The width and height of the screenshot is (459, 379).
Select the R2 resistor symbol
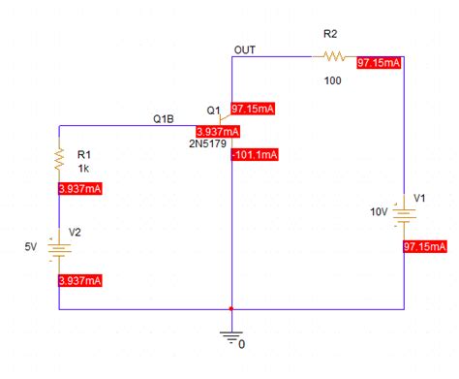pos(334,56)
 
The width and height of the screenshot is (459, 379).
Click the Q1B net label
pos(164,119)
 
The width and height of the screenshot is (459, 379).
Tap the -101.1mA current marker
pos(255,153)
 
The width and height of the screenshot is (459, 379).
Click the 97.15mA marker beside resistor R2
pos(379,62)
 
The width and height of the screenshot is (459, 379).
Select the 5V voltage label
pos(31,247)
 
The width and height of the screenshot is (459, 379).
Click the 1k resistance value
pos(83,167)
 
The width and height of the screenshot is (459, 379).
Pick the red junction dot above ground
pos(230,310)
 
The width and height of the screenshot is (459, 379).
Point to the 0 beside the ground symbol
pos(242,343)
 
